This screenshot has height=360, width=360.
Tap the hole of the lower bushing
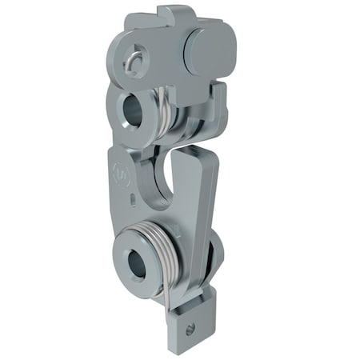pos(137,262)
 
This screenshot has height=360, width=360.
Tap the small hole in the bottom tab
pos(190,328)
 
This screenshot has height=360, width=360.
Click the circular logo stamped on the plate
pos(122,171)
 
